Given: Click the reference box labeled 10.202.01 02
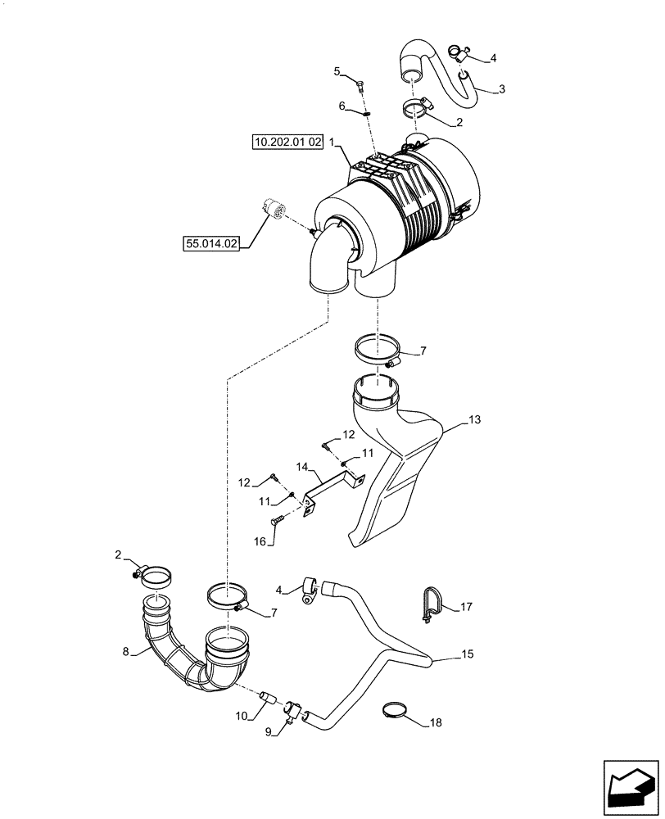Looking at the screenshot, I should click(287, 143).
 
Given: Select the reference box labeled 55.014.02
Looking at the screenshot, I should click(211, 243).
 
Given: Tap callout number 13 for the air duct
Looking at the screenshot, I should click(474, 419).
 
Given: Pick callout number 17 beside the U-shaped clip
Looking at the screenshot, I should click(466, 607).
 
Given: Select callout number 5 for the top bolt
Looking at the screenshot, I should click(337, 71).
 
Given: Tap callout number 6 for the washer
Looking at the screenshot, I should click(343, 106).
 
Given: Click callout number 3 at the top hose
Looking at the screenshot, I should click(502, 88).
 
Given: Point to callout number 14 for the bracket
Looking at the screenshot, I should click(302, 467).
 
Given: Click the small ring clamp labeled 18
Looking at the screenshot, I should click(396, 709).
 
